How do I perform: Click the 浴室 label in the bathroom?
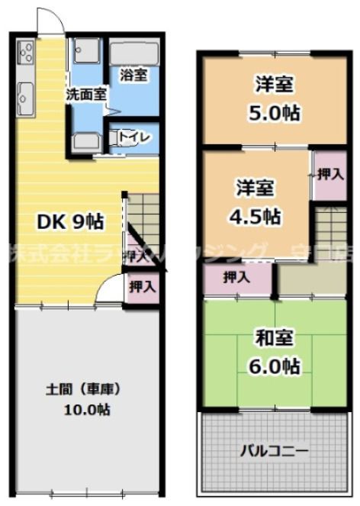coord(134,76)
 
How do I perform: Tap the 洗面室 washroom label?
coord(85,95)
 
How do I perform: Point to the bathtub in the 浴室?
coord(133,52)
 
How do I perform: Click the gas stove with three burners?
coord(24,52)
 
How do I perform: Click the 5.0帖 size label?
coord(275,113)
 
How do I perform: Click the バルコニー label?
coord(275,450)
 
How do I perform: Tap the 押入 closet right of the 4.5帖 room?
coord(327,174)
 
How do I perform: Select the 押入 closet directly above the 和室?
coord(236,278)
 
